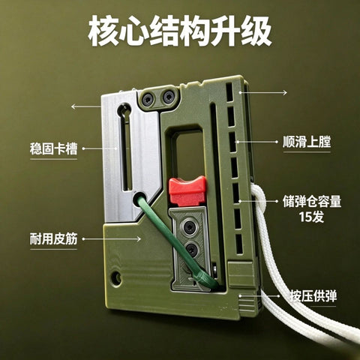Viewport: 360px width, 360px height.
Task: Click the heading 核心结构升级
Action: coord(180,31)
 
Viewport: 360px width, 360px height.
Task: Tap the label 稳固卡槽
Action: coord(53,148)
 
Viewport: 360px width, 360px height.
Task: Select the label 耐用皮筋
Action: coord(53,239)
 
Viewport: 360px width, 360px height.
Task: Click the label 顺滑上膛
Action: coord(307,142)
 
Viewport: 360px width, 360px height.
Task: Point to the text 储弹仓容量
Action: coord(312,202)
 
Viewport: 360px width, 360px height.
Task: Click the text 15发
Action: coord(312,217)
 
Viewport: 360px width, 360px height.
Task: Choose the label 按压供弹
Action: coord(313,296)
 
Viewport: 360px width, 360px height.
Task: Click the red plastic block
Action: coord(187,191)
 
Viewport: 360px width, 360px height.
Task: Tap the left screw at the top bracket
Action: coord(148,99)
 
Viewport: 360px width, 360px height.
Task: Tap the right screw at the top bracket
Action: coord(169,97)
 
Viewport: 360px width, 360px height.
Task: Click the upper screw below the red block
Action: coord(190,226)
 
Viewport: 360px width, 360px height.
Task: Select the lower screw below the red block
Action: coord(192,250)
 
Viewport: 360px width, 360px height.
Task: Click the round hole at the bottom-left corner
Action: coord(116,278)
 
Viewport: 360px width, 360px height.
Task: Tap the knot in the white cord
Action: coord(258,200)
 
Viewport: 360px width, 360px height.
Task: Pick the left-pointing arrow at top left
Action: coord(86,106)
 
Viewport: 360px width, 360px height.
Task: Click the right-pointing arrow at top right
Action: coord(263,93)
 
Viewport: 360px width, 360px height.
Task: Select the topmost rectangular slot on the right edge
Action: coord(229,92)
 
